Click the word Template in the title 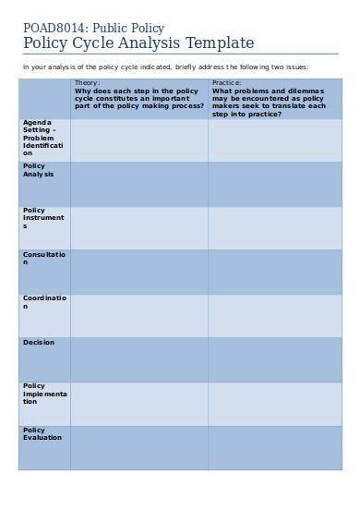pyautogui.click(x=219, y=43)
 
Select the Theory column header pyautogui.click(x=138, y=99)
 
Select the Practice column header pyautogui.click(x=273, y=99)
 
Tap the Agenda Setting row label pyautogui.click(x=44, y=138)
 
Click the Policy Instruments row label pyautogui.click(x=43, y=218)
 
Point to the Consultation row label pyautogui.click(x=44, y=258)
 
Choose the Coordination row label pyautogui.click(x=44, y=302)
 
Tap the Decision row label pyautogui.click(x=39, y=343)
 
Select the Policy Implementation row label pyautogui.click(x=44, y=394)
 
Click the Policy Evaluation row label pyautogui.click(x=42, y=434)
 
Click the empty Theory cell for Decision pyautogui.click(x=138, y=358)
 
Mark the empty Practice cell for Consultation pyautogui.click(x=273, y=271)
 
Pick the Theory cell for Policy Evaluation pyautogui.click(x=138, y=447)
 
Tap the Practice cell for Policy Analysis pyautogui.click(x=273, y=183)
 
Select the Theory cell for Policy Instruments pyautogui.click(x=138, y=226)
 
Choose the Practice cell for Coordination pyautogui.click(x=273, y=314)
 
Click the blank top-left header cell pyautogui.click(x=44, y=99)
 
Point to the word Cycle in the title pyautogui.click(x=102, y=43)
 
